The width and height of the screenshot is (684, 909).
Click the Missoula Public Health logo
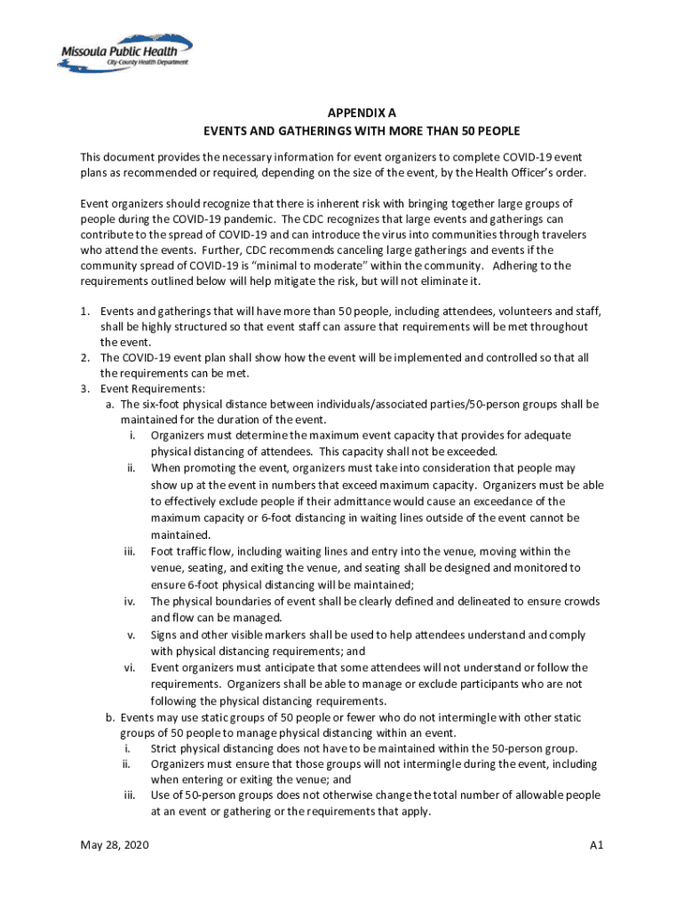(124, 54)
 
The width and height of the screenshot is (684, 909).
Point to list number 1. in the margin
(86, 312)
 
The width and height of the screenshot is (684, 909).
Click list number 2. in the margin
(86, 358)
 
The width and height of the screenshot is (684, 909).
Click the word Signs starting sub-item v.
(165, 635)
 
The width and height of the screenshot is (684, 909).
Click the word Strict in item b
(166, 748)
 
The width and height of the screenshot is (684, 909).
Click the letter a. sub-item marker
(110, 404)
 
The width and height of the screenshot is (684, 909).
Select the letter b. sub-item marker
(110, 716)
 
